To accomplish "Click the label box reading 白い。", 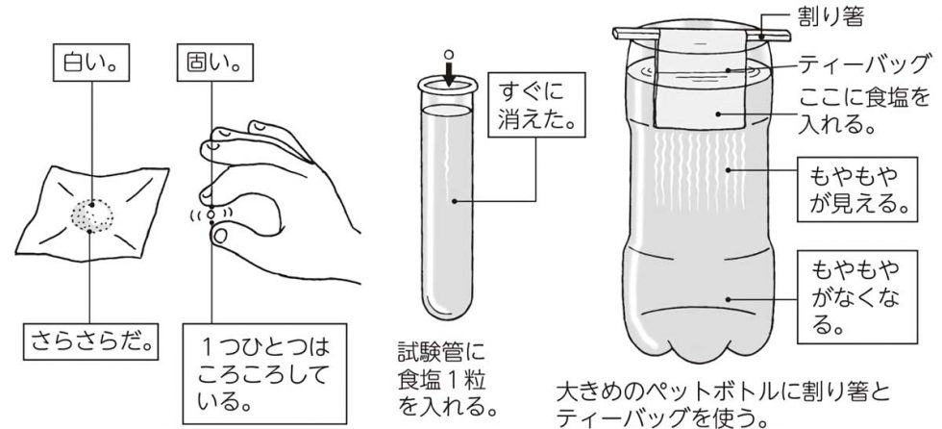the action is (x=91, y=63).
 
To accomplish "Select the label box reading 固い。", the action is (x=211, y=63).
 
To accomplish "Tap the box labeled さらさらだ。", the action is (x=91, y=341).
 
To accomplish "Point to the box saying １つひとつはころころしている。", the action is (x=264, y=374).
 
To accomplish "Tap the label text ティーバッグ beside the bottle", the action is (x=863, y=63).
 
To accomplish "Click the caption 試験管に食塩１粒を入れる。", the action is (x=448, y=379).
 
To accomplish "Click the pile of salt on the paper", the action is (x=92, y=216).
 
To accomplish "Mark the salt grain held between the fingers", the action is (x=211, y=214).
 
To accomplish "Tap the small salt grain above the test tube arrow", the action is (x=447, y=56).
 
